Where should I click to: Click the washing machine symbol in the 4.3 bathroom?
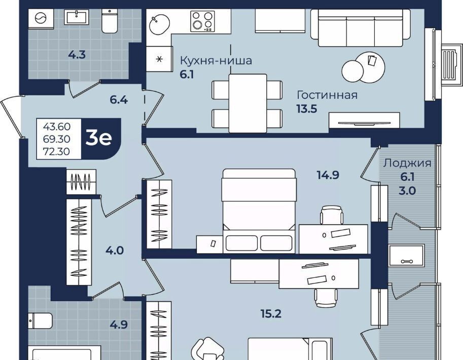point(41,19)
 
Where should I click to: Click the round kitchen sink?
point(159,24)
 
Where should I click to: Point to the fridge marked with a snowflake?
point(159,59)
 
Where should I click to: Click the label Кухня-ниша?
point(216,60)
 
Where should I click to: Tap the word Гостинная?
point(327,95)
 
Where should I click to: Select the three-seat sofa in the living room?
point(361,28)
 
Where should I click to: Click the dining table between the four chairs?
point(248,103)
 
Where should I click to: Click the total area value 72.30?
point(56,152)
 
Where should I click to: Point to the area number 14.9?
point(328,175)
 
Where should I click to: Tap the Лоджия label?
point(408,163)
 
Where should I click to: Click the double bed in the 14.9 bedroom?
point(259,211)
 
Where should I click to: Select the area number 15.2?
point(271,314)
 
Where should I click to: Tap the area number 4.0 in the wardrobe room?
point(115,250)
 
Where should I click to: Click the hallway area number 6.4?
point(119,100)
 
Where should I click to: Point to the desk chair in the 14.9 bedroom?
point(332,215)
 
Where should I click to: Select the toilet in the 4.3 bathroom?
point(110,20)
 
